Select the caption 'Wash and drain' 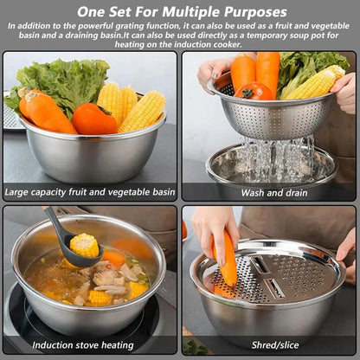point(268,191)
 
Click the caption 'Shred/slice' point(268,344)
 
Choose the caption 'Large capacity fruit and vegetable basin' point(90,191)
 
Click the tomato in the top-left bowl point(93,119)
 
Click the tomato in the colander point(253,91)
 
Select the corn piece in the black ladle point(84,245)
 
